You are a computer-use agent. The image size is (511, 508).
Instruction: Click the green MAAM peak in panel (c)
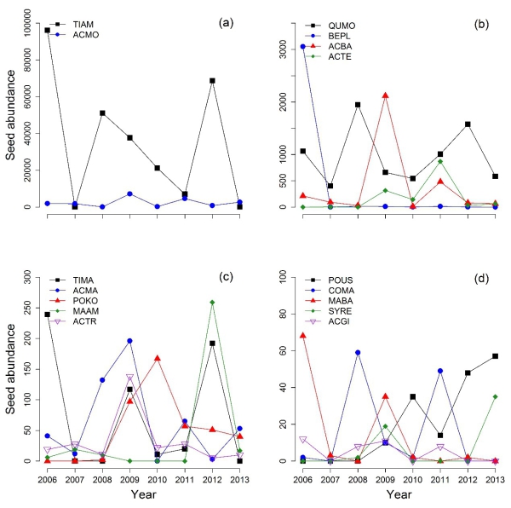tap(211, 303)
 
